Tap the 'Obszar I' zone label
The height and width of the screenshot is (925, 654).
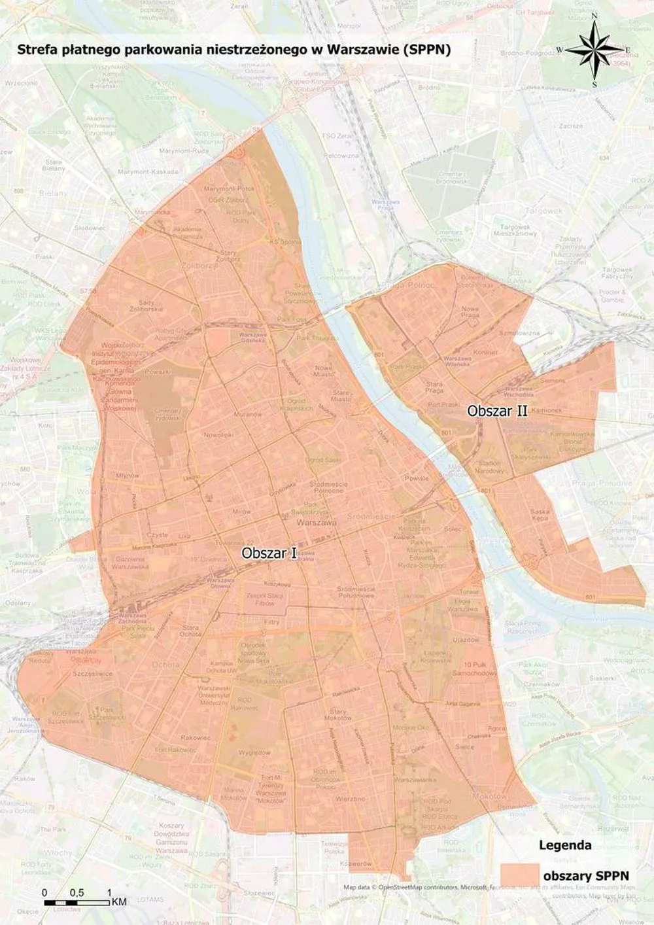point(269,553)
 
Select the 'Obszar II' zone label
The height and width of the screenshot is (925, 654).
point(497,411)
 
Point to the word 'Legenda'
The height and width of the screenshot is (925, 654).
point(564,845)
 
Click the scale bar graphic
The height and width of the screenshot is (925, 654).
point(77,903)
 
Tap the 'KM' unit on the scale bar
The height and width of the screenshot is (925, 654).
point(118,902)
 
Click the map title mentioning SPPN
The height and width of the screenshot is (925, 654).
point(233,50)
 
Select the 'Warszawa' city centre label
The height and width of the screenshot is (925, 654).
point(316,524)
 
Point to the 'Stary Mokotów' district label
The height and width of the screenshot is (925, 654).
point(338,714)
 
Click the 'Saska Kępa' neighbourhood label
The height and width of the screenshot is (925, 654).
point(540,515)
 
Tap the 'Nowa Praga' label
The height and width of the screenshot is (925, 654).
point(470,312)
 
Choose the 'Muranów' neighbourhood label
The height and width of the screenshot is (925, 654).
point(249,415)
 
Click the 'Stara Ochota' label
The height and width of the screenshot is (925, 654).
point(190,631)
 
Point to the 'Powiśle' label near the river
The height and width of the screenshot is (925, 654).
point(416,478)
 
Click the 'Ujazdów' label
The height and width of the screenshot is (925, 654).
point(466,640)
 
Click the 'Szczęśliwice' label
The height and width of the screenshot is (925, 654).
point(92,673)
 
